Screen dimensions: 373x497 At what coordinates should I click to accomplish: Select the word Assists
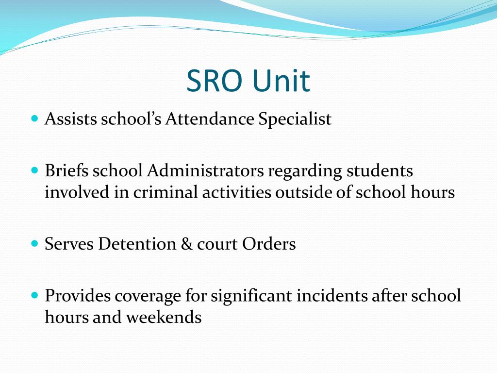click(x=71, y=119)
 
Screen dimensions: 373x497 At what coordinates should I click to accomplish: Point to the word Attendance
click(x=210, y=119)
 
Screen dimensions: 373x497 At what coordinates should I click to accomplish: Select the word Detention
click(x=137, y=243)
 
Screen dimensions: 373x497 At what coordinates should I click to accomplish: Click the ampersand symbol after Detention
click(x=186, y=243)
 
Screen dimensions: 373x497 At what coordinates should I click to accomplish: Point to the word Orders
click(x=269, y=243)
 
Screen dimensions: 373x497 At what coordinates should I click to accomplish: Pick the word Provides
click(x=78, y=295)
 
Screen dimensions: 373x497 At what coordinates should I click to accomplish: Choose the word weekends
click(x=164, y=317)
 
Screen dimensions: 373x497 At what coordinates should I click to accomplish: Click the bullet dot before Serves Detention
click(x=34, y=241)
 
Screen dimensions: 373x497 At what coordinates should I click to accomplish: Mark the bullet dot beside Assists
click(x=34, y=118)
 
